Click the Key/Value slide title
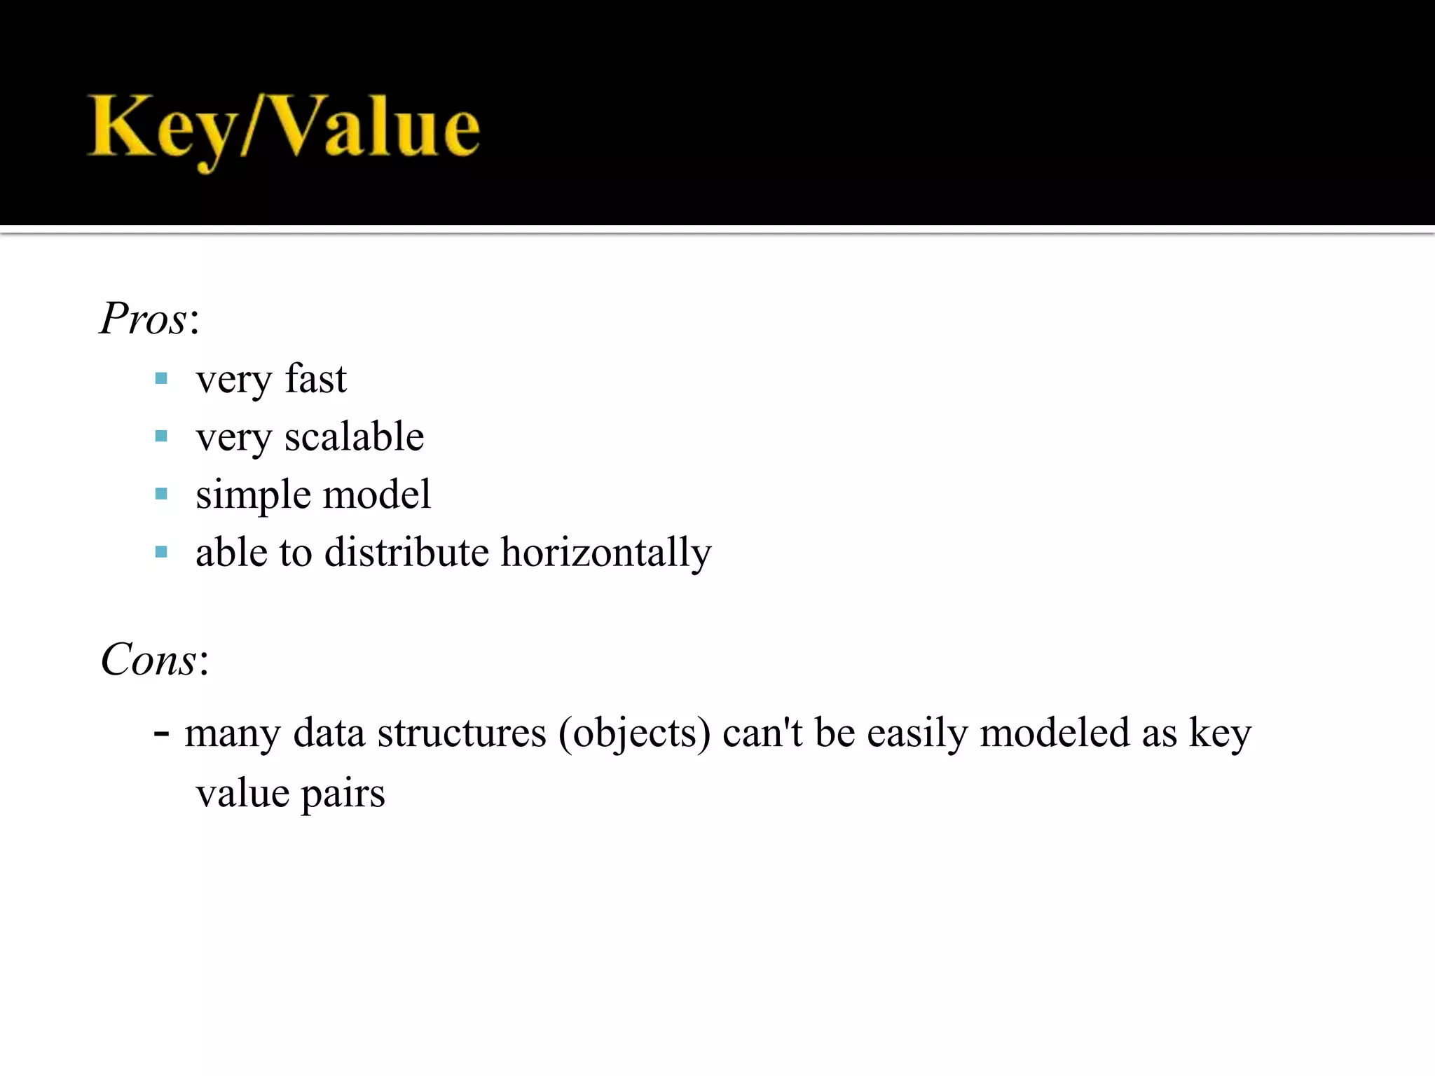284,130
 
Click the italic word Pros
144,319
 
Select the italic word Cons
149,660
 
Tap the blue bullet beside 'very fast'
161,379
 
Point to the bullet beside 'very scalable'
161,436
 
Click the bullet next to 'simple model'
161,494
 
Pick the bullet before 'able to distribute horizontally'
161,552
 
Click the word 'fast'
315,379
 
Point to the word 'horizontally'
606,553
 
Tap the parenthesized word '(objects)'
634,734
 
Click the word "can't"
762,733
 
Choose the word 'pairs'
343,794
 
